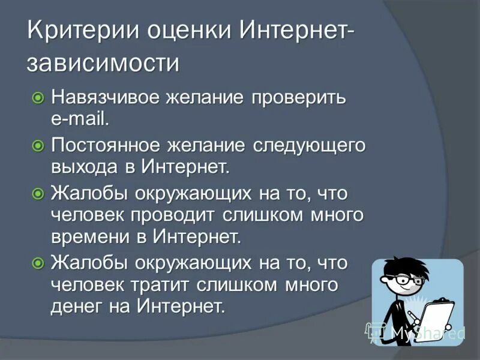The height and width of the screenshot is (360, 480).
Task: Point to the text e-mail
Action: click(80, 118)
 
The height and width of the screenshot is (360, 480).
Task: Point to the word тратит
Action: click(158, 284)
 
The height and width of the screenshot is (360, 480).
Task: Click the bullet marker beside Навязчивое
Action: click(38, 97)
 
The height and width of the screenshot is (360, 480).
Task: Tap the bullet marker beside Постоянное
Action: click(38, 145)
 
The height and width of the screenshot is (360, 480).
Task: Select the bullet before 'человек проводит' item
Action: click(38, 194)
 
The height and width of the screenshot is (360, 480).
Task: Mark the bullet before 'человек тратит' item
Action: click(38, 263)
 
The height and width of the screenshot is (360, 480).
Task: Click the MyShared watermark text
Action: click(426, 332)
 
